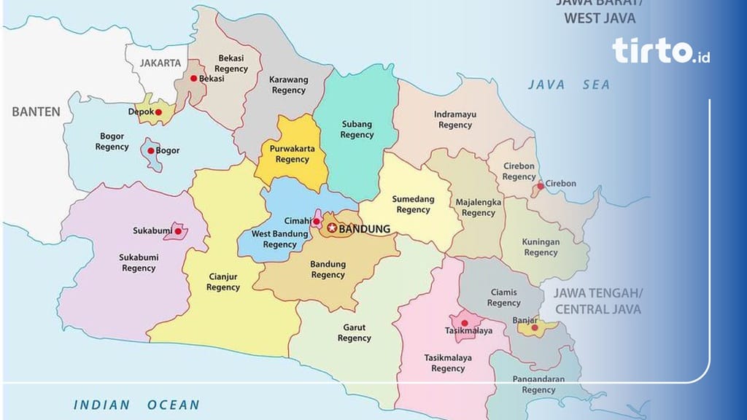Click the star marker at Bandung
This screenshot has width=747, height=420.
point(333,228)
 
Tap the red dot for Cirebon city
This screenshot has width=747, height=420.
point(540,186)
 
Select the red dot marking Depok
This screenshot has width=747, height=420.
point(158,112)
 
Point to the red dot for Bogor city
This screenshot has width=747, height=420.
point(150,151)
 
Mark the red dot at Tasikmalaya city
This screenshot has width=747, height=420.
point(464,322)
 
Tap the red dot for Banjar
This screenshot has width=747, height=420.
point(534,327)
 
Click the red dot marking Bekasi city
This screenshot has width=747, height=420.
point(193,79)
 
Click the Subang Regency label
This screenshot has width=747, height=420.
point(357,129)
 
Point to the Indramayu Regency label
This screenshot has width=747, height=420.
point(455,120)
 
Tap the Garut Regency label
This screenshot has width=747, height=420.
point(354,332)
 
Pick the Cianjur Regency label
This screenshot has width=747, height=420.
point(223,281)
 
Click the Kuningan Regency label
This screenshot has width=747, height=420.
point(541,247)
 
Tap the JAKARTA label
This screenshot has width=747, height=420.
point(160,63)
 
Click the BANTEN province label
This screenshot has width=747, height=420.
point(36,112)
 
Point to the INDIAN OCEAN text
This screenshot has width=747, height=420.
point(136,405)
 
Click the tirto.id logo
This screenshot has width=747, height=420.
point(661,51)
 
